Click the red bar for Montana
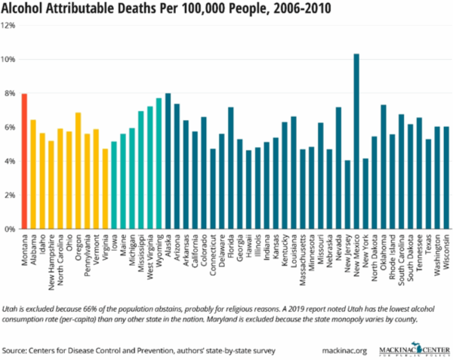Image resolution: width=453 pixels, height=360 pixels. (x=24, y=162)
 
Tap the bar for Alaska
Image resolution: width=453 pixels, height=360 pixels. (x=168, y=162)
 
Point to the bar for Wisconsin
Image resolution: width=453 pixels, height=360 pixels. (x=446, y=178)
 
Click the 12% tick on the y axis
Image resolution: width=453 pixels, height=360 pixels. (x=9, y=26)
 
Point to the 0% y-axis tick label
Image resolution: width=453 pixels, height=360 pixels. (x=10, y=229)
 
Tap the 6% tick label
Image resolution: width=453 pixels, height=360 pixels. (x=10, y=128)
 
